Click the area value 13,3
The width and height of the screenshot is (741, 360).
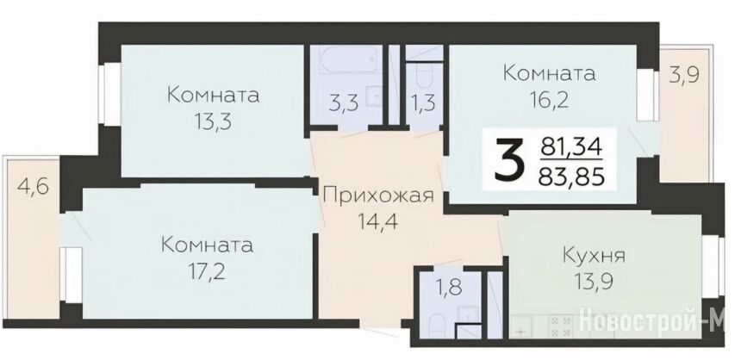pos(212,123)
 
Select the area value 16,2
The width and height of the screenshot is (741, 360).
pos(549,100)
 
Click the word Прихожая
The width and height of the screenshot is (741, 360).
pos(379,196)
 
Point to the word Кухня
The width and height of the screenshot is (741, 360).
pos(594,256)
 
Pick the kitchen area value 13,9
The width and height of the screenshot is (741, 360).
pos(594,282)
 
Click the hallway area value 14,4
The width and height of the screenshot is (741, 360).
pos(378,220)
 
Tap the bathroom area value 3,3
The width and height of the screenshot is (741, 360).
pos(343,104)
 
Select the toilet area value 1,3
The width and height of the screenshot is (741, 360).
pos(423,104)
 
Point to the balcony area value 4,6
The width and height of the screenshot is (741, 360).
pos(33,185)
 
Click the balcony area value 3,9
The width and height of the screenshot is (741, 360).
pos(684,76)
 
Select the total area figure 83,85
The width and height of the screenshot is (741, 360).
pos(572,177)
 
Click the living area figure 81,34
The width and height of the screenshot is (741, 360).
pos(572,147)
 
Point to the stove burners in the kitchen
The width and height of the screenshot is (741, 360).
pos(560,327)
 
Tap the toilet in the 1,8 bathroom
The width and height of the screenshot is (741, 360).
pos(436,326)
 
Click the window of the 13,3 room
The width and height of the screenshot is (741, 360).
pos(109,95)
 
